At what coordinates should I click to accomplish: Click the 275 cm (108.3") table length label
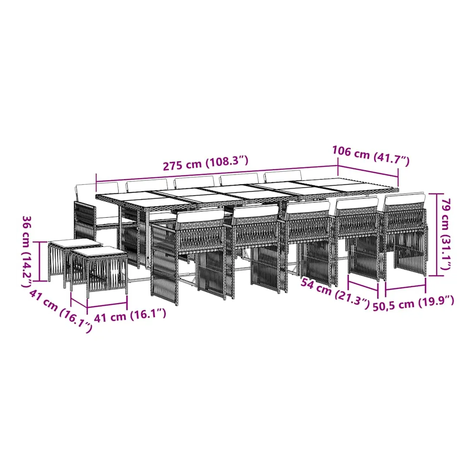pyautogui.click(x=206, y=163)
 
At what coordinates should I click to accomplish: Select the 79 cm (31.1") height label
pyautogui.click(x=446, y=234)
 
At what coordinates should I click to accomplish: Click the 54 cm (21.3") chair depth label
pyautogui.click(x=335, y=293)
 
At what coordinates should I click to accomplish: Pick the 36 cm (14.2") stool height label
pyautogui.click(x=27, y=251)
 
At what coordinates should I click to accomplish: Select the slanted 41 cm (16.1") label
pyautogui.click(x=61, y=311)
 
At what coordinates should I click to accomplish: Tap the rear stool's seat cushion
pyautogui.click(x=75, y=243)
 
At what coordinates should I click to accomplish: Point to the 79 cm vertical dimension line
pyautogui.click(x=437, y=235)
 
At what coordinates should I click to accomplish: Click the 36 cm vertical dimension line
pyautogui.click(x=39, y=261)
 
